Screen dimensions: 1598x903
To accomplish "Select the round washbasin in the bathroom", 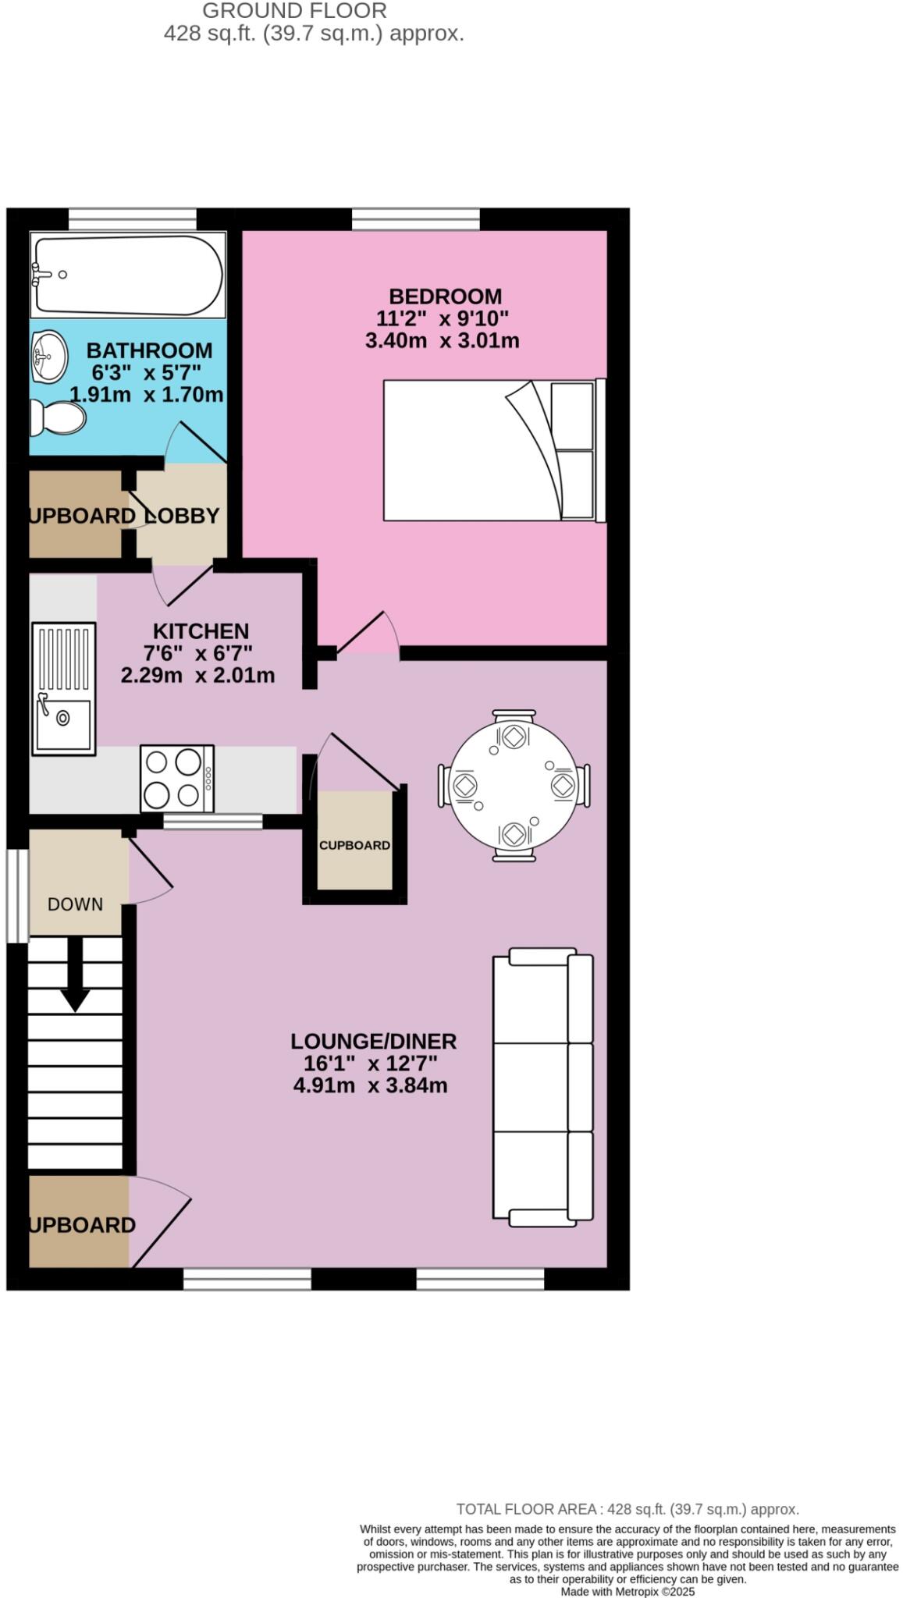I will [x=49, y=357].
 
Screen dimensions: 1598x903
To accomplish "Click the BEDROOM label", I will [x=445, y=297].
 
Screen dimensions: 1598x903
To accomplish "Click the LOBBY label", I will [x=182, y=516].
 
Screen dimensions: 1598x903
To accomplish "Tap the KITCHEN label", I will [x=201, y=631].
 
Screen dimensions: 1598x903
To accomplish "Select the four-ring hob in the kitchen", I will [x=176, y=778].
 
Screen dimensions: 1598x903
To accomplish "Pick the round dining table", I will [x=514, y=785].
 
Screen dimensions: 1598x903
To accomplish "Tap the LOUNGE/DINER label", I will [x=373, y=1041].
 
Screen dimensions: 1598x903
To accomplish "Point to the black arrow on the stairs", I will [x=75, y=976].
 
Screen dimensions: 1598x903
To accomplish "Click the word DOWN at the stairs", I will [x=75, y=904].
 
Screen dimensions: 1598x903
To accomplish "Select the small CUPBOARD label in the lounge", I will [x=354, y=846].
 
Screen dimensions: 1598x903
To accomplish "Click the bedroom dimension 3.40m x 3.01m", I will [x=442, y=341].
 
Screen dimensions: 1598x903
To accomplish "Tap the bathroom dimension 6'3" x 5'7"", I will [x=146, y=372].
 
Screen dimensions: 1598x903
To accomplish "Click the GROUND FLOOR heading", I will [x=294, y=11].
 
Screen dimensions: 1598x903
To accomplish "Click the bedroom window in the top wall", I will [x=415, y=219].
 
